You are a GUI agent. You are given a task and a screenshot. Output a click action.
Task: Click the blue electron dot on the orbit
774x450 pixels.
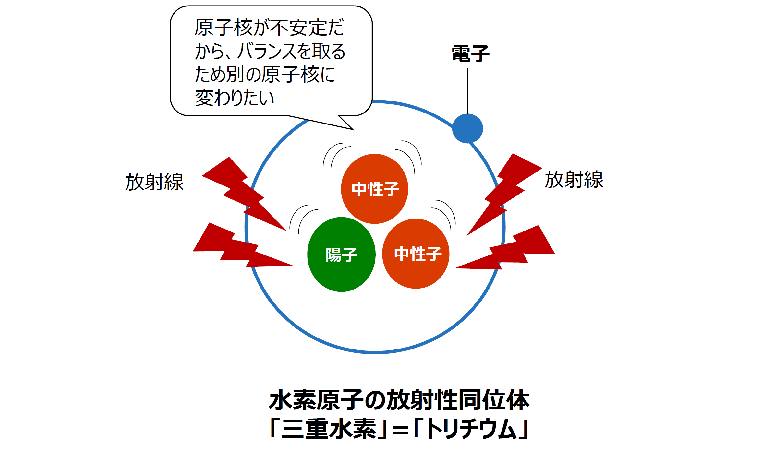click(x=467, y=128)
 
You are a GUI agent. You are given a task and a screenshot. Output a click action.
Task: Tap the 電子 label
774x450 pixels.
click(x=470, y=54)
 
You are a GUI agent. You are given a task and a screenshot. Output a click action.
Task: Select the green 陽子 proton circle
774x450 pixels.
click(x=341, y=255)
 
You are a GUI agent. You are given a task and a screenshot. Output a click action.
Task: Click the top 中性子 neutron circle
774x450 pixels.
click(x=375, y=189)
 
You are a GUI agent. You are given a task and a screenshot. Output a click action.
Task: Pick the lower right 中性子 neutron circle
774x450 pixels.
click(x=416, y=254)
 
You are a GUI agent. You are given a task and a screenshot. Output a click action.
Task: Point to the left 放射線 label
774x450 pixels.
click(x=154, y=182)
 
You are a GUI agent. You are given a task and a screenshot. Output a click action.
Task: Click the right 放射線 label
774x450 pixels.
click(x=574, y=180)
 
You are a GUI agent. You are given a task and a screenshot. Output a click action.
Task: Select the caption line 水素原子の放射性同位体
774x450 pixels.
click(x=399, y=400)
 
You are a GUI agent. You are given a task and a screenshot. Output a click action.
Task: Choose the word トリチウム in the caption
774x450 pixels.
click(x=470, y=429)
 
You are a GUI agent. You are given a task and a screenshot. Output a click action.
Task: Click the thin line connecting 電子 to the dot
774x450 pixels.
click(x=467, y=91)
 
